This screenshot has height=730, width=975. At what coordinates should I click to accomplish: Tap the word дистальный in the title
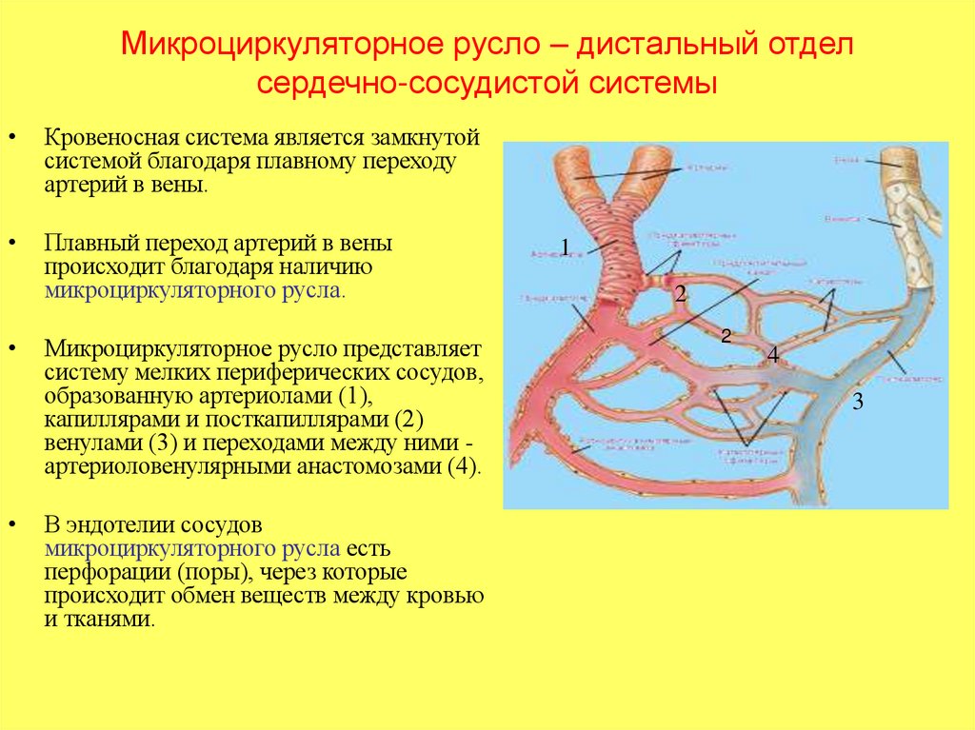664,46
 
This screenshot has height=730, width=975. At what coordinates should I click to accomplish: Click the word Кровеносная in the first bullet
100,137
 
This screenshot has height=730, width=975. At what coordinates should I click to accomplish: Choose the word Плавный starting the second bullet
82,244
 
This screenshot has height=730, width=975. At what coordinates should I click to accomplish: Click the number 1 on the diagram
565,248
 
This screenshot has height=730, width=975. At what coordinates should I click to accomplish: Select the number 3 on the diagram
858,402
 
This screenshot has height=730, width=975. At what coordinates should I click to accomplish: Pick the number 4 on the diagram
773,354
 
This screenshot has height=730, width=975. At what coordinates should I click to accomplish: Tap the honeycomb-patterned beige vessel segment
899,205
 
